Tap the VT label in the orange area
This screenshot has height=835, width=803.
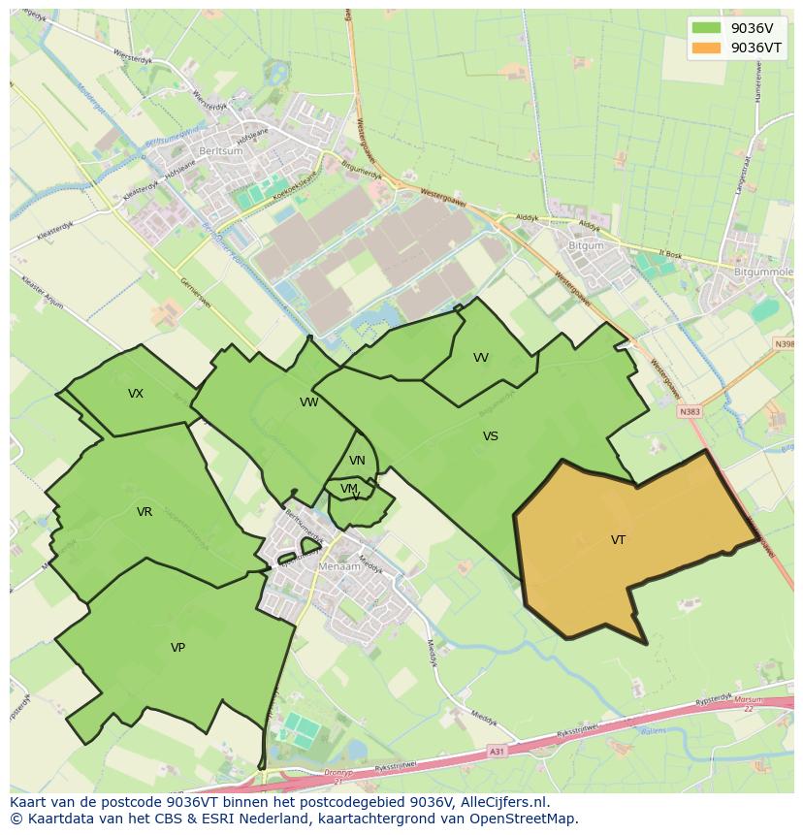click(x=618, y=540)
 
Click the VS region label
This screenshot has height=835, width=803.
click(x=491, y=436)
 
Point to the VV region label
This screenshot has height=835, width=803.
click(x=481, y=358)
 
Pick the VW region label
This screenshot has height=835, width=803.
click(x=308, y=402)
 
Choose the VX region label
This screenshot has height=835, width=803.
click(x=136, y=394)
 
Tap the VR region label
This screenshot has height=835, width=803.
click(x=145, y=512)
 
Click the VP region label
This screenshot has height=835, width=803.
click(x=177, y=648)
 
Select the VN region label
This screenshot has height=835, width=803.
click(x=357, y=461)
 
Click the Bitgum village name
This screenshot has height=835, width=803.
click(x=585, y=246)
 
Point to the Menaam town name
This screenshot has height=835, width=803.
click(x=339, y=566)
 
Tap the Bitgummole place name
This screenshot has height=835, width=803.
click(x=763, y=273)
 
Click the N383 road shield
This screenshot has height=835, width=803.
click(x=689, y=411)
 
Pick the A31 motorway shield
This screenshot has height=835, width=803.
click(x=497, y=752)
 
